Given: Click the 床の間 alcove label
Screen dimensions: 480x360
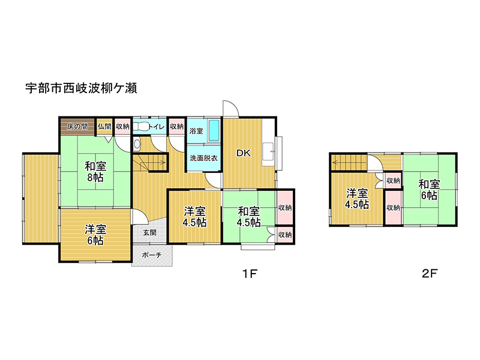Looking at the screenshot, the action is click(x=77, y=127).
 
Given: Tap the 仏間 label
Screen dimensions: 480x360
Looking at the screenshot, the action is click(x=104, y=126).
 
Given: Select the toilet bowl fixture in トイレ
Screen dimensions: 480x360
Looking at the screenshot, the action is click(x=141, y=127).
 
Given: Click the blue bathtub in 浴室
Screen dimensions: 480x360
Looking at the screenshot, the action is click(x=214, y=130).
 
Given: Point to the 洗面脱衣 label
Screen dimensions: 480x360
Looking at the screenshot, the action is click(x=203, y=158).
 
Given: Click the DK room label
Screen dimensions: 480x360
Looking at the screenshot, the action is click(x=244, y=153).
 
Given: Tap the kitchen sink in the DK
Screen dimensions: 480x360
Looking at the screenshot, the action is click(x=268, y=151).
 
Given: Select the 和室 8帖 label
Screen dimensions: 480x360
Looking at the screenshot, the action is click(x=95, y=172).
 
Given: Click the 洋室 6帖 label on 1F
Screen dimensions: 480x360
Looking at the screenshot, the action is click(x=95, y=235).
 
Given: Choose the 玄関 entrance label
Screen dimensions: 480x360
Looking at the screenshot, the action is click(x=149, y=233).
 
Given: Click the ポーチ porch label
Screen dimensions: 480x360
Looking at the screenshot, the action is click(x=152, y=254).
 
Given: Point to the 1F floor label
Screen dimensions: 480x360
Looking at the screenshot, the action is click(x=250, y=274).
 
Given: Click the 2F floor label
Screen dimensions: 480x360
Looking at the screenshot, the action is click(x=430, y=274).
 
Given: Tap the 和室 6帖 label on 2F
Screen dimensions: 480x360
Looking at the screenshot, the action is click(x=429, y=190).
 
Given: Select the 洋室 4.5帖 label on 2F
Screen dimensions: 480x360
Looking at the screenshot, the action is click(x=357, y=199).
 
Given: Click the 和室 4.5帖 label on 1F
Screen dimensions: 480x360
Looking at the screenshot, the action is click(x=249, y=217).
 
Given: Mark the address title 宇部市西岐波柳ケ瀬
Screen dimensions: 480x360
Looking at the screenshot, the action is click(x=81, y=88).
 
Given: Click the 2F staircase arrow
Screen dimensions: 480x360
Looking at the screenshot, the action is click(x=350, y=163).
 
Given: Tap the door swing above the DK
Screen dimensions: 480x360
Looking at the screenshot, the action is click(x=230, y=109).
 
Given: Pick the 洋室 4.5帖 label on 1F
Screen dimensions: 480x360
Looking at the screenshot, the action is click(x=194, y=217).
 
